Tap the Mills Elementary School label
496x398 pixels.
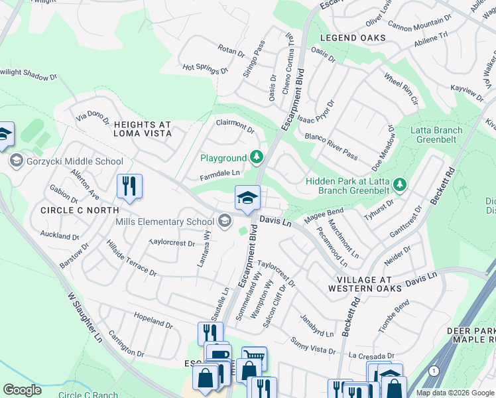164,221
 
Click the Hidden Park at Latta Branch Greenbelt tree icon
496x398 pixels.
399,182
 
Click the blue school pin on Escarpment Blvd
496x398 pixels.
247,198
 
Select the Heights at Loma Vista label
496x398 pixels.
143,129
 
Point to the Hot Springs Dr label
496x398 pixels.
205,68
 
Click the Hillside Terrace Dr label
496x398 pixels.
131,259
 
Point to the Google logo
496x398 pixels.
23,390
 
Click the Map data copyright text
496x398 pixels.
456,393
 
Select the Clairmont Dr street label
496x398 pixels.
235,125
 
